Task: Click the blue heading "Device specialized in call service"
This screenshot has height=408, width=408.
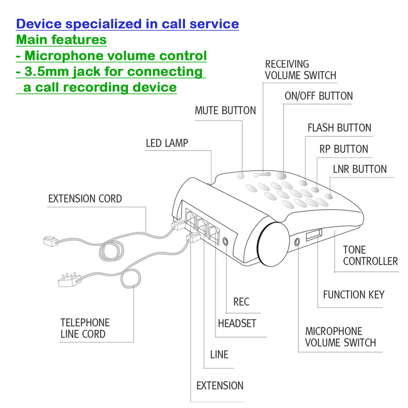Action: [x=127, y=24]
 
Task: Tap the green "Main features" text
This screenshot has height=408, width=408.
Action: [x=61, y=40]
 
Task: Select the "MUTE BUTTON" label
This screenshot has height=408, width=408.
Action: [x=225, y=110]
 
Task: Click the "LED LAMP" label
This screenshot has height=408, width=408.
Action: [x=167, y=143]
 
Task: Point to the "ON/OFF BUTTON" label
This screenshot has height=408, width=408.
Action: [x=318, y=96]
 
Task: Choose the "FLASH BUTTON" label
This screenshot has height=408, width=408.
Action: [x=339, y=128]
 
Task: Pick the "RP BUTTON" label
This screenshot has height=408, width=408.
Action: [x=343, y=149]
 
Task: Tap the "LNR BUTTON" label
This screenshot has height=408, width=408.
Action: [x=359, y=169]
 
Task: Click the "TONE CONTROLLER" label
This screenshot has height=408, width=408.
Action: [x=370, y=256]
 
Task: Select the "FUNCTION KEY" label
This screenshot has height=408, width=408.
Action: [x=353, y=295]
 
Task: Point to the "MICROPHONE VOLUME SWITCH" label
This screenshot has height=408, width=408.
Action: [x=340, y=337]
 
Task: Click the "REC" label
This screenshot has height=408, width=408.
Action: [x=241, y=302]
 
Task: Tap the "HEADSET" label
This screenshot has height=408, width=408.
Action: [x=237, y=324]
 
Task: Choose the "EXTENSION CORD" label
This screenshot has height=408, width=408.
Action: [x=85, y=198]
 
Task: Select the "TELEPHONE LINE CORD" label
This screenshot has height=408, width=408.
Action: [x=85, y=328]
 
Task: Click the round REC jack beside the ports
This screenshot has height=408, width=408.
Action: [x=227, y=241]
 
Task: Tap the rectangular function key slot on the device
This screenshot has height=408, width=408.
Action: [x=314, y=235]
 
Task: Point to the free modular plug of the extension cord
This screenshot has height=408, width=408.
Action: [x=50, y=241]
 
